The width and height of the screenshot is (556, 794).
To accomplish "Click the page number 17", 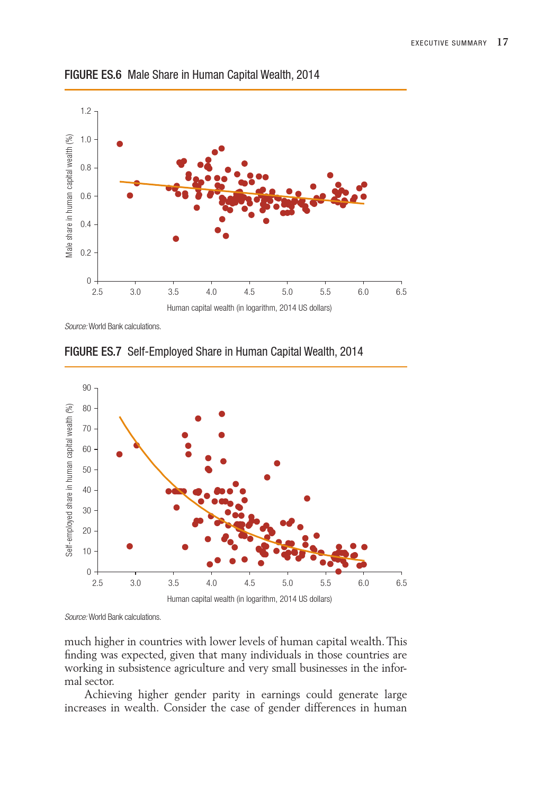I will [x=503, y=42].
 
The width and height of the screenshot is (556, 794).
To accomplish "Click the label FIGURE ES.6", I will [x=93, y=75].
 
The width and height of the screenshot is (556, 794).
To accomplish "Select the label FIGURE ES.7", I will [x=93, y=351].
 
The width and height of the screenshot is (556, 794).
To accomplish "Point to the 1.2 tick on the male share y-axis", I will [x=86, y=111].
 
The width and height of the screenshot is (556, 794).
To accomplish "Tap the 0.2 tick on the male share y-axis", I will [x=86, y=252].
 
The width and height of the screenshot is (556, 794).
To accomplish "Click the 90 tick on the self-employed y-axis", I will [x=87, y=388].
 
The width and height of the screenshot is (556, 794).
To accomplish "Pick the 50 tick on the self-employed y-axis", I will [x=87, y=470].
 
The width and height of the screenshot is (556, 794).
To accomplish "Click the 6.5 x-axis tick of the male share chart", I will [x=401, y=292].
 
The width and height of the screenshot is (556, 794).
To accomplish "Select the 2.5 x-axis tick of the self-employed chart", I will [x=97, y=583].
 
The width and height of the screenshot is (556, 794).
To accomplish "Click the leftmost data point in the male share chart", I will [x=120, y=144].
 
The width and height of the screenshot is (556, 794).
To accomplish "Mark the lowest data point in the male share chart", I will [x=176, y=239].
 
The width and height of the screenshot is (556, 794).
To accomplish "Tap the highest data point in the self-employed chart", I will [x=222, y=414].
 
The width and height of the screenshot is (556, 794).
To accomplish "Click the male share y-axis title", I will [x=69, y=196].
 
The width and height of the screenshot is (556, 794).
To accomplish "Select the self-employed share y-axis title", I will [x=69, y=480].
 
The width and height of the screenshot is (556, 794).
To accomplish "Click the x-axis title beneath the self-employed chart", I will [x=249, y=599].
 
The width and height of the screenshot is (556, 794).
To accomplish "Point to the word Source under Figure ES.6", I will [x=76, y=327].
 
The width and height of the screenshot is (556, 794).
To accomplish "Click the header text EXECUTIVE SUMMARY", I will [x=449, y=43].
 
